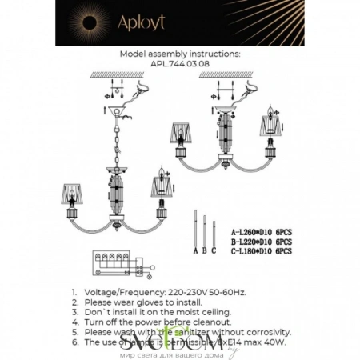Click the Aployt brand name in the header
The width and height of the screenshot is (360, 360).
coord(180,23)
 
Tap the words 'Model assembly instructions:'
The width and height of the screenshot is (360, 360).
coord(179,52)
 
